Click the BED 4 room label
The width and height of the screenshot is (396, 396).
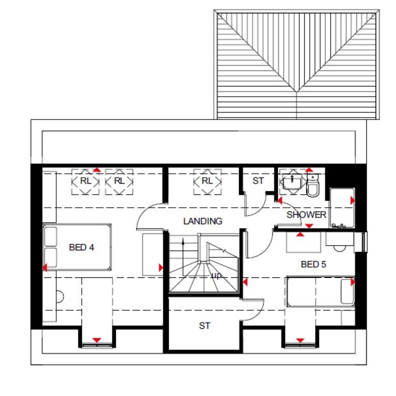pos(81,247)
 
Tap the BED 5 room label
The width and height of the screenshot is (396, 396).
pos(313,264)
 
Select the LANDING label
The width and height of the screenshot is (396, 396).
pos(203,221)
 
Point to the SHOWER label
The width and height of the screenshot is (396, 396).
pos(306,215)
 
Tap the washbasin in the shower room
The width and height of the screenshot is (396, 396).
pos(292,181)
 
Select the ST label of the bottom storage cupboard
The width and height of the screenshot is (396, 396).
pos(205,326)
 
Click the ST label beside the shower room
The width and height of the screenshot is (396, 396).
pos(258,181)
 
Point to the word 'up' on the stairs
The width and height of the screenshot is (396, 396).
pos(216,276)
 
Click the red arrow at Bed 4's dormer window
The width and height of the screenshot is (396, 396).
pos(97,340)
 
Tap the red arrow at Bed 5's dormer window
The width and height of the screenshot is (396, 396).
pos(300,340)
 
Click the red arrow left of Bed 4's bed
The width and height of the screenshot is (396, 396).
pos(45,267)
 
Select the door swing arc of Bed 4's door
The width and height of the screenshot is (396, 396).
pos(143,211)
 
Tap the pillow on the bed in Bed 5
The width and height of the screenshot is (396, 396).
pos(347,291)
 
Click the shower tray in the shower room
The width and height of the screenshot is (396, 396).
pos(342,208)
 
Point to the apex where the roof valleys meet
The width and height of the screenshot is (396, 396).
pos(297,92)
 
